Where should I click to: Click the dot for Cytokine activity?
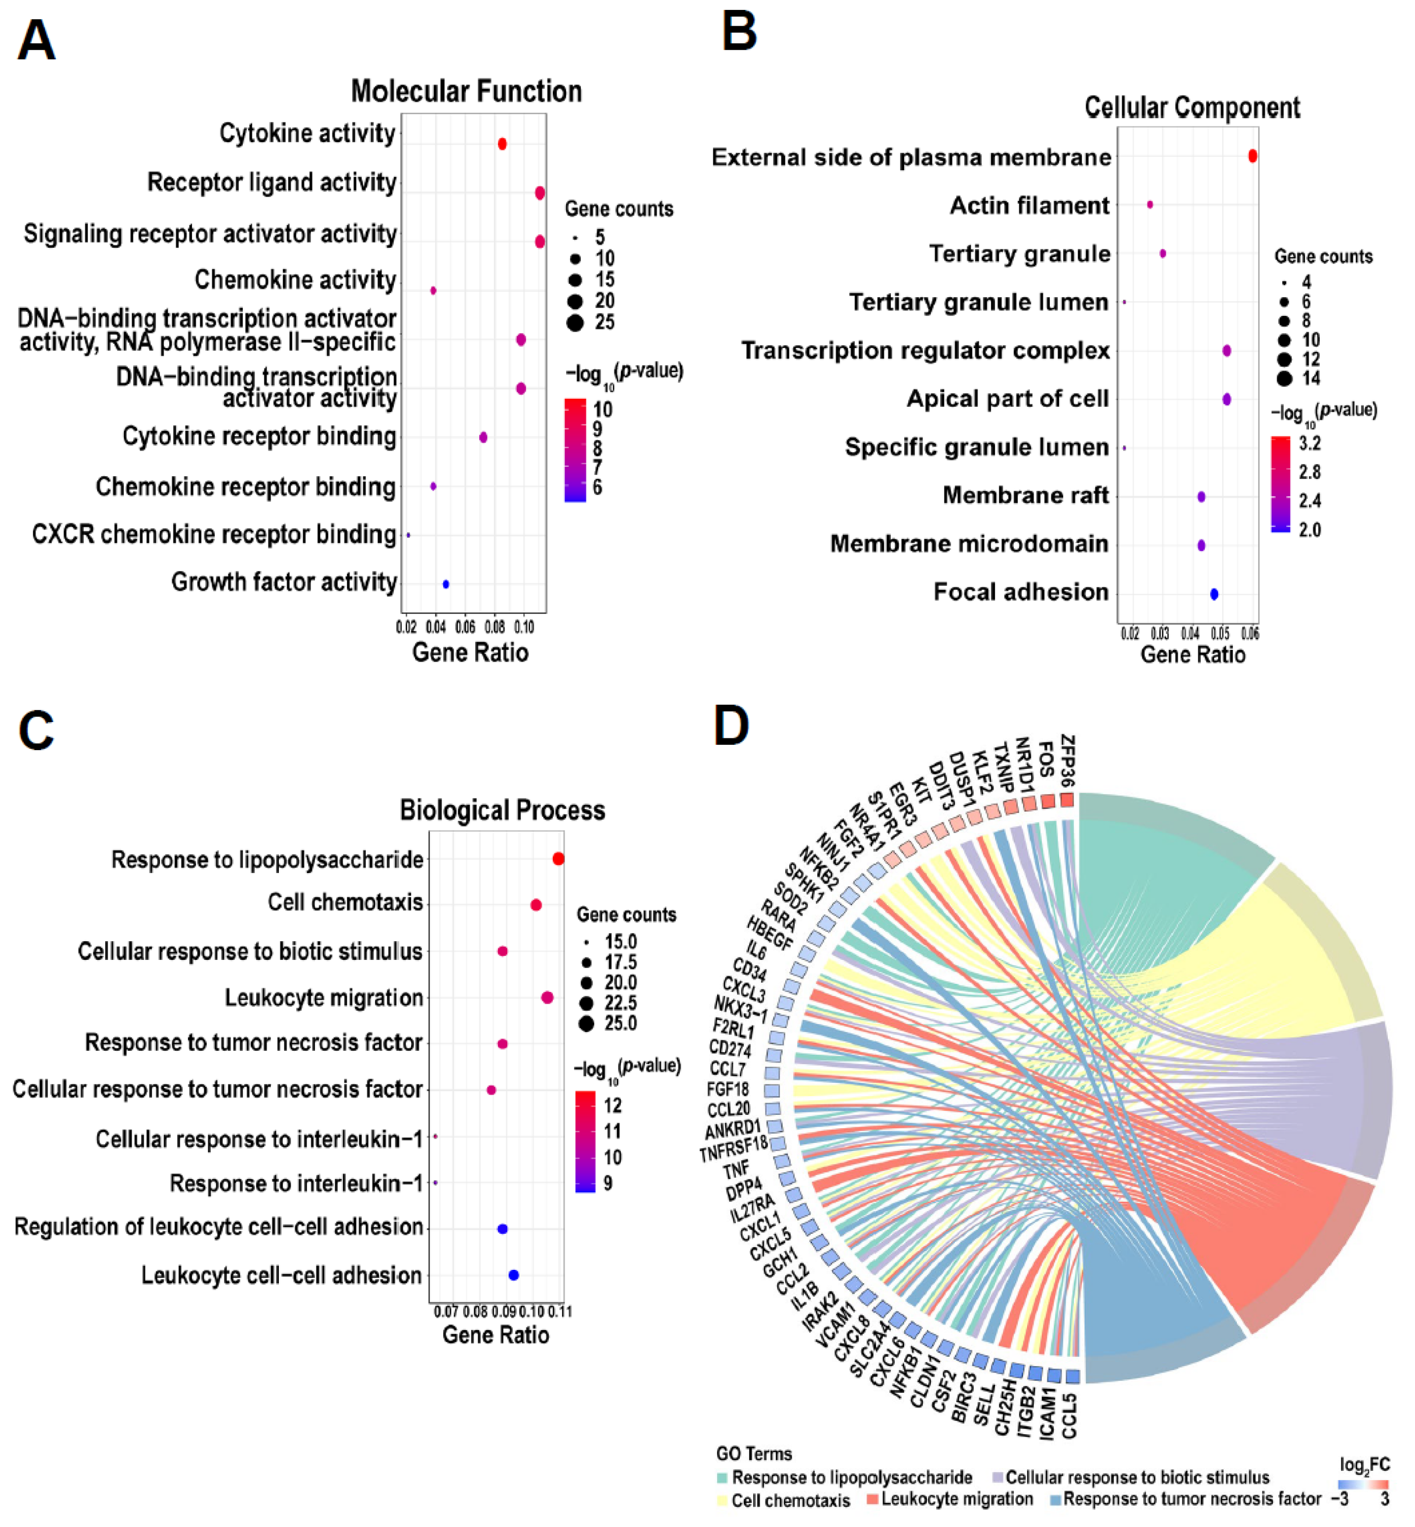[x=502, y=144]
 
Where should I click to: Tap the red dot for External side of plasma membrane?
[x=1253, y=156]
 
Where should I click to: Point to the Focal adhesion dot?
[x=1214, y=594]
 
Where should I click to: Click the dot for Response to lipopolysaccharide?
[x=558, y=859]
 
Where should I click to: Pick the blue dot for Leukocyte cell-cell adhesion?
[x=514, y=1275]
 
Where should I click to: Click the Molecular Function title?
[x=466, y=92]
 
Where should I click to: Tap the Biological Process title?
[x=502, y=810]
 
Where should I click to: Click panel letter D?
[x=731, y=726]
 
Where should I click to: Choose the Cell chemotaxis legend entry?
[x=790, y=1500]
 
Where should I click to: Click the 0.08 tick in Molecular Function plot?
[x=494, y=628]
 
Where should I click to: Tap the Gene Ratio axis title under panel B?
[x=1192, y=655]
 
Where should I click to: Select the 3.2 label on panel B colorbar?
[x=1310, y=443]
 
